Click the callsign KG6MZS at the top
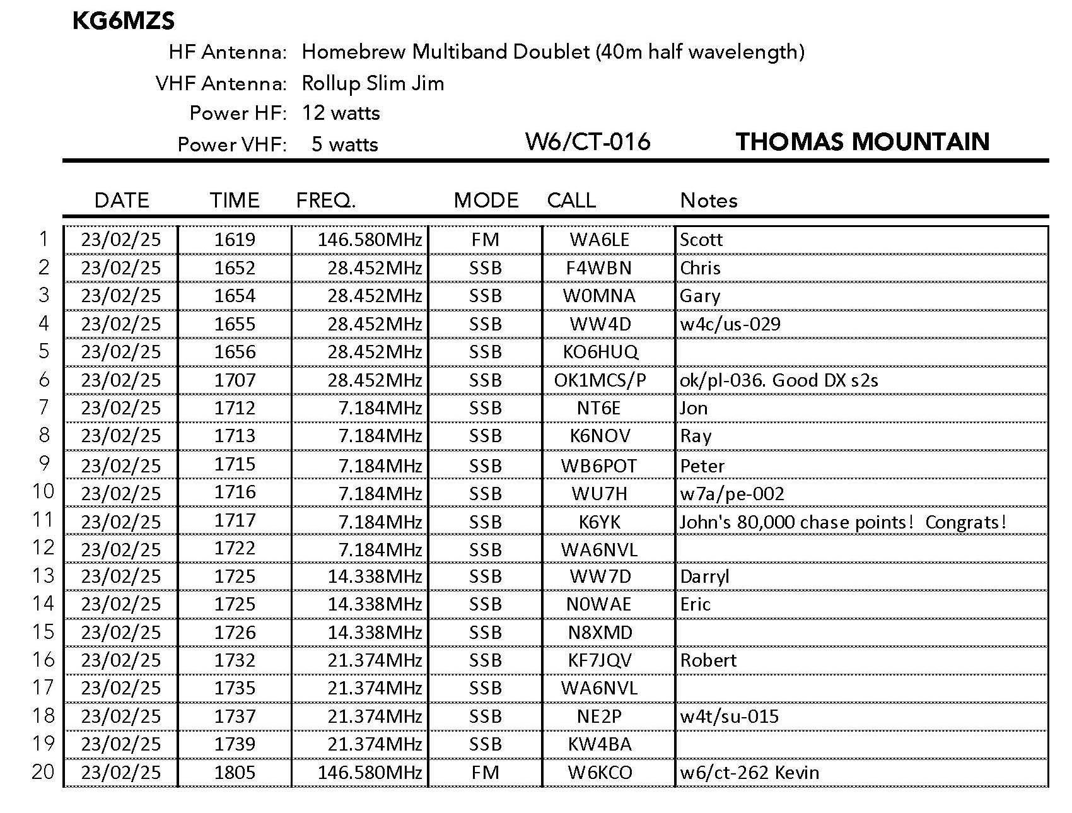[x=124, y=21]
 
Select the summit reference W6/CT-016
[x=587, y=142]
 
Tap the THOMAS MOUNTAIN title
[x=862, y=142]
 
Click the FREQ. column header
[x=326, y=201]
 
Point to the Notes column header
[x=708, y=201]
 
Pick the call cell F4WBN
[x=598, y=268]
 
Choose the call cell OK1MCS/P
[x=600, y=380]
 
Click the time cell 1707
[x=235, y=380]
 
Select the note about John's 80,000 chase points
[x=842, y=522]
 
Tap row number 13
[x=44, y=576]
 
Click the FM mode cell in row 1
[x=485, y=240]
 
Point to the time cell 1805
[x=235, y=773]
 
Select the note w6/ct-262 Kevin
[x=749, y=773]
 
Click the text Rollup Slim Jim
[x=373, y=83]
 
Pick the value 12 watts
[x=341, y=114]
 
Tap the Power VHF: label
[x=232, y=144]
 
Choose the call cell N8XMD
[x=600, y=633]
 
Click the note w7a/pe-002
[x=731, y=494]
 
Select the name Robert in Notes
[x=708, y=660]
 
